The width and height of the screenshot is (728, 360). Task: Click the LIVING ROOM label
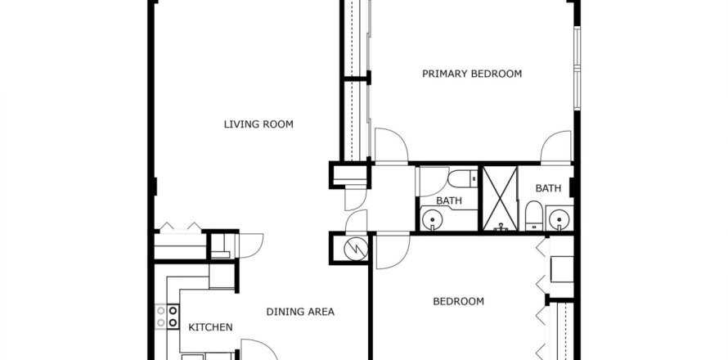tap(258, 124)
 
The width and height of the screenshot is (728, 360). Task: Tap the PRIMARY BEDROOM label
tap(472, 74)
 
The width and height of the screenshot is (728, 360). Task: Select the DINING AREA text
tap(300, 312)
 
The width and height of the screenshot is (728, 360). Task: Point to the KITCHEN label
tap(210, 327)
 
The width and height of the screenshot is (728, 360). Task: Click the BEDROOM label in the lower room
tap(458, 301)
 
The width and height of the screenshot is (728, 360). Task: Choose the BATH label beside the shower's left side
tap(448, 200)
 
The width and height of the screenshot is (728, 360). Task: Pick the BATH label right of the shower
tap(548, 188)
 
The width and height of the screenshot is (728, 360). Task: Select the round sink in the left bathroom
tap(431, 220)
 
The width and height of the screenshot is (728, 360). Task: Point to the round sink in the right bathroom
tap(559, 219)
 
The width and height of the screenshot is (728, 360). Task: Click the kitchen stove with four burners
tap(168, 317)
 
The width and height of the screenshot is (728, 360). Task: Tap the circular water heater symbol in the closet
tap(355, 249)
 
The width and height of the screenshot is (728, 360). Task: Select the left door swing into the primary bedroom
tap(391, 146)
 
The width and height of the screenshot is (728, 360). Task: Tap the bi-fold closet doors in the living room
tap(180, 227)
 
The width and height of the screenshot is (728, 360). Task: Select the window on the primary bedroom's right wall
tap(577, 70)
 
